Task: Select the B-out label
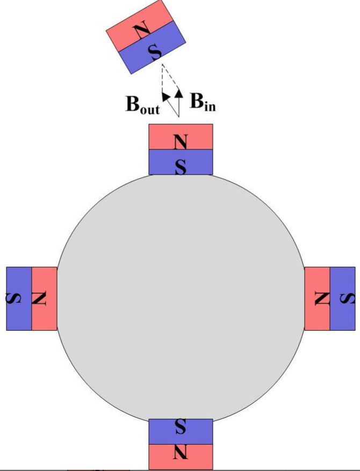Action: click(x=142, y=105)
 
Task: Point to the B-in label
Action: click(x=203, y=102)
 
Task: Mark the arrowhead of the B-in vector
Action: click(x=179, y=95)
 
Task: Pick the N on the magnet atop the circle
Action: click(x=181, y=142)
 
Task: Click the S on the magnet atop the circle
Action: click(x=181, y=166)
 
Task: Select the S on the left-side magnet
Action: click(x=13, y=298)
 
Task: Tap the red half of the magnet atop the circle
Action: click(x=161, y=137)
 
